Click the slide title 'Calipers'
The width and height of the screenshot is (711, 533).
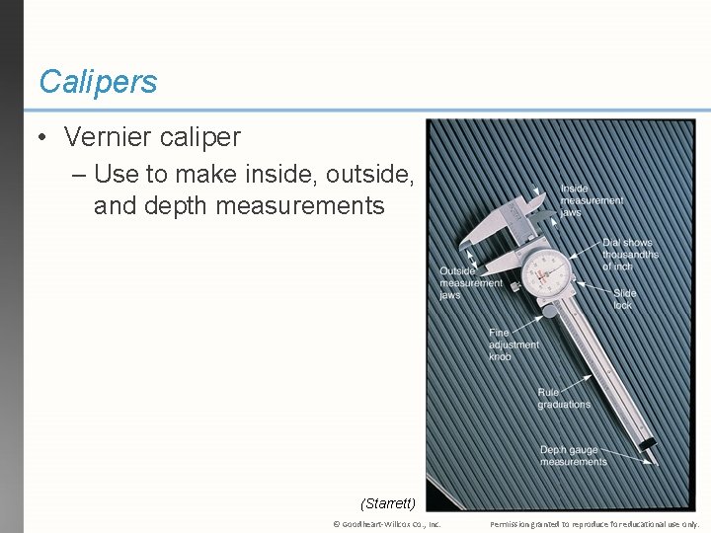[98, 82]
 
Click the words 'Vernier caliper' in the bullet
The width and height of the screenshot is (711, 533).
[152, 137]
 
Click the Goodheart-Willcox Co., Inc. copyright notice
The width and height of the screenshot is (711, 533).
[386, 524]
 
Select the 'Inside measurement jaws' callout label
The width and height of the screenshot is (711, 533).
[591, 200]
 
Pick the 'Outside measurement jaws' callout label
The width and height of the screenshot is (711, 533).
[470, 282]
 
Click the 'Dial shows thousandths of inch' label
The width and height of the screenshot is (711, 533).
[630, 255]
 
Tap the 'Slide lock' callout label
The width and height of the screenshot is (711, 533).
[624, 299]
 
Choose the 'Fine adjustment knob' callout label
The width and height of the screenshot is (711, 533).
[513, 344]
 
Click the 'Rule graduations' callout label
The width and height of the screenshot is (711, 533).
[564, 399]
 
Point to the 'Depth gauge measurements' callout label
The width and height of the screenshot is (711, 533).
[573, 456]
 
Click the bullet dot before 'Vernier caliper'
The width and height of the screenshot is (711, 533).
[43, 138]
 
